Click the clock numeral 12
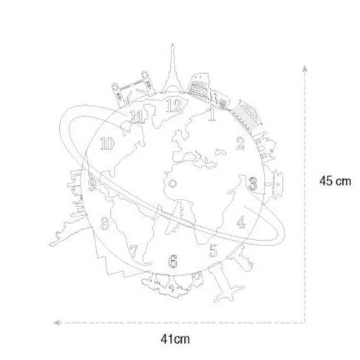[x=174, y=106]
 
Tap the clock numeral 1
[x=211, y=115]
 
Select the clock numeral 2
[x=240, y=143]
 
